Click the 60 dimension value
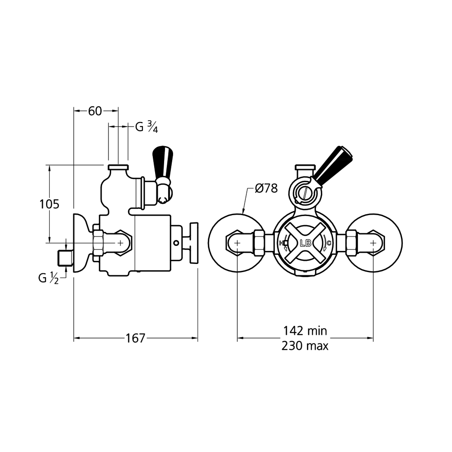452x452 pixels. point(95,111)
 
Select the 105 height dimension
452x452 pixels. point(49,204)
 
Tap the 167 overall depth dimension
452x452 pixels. point(136,338)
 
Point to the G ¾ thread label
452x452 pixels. point(146,127)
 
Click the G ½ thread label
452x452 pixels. point(48,278)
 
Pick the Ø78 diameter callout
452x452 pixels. point(266,188)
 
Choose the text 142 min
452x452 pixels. point(305,331)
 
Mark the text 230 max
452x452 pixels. point(305,346)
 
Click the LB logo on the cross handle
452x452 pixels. point(305,243)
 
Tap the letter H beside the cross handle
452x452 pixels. point(282,244)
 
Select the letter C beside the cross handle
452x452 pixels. point(329,244)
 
